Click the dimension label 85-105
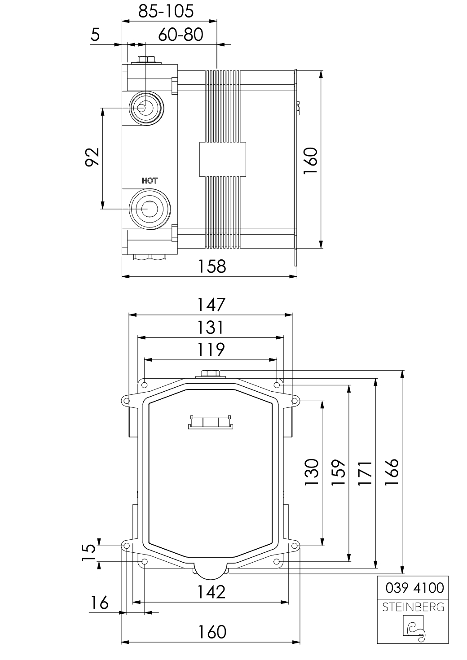(166, 11)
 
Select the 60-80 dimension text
(181, 34)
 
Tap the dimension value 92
(92, 157)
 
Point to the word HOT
(150, 181)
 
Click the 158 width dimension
(211, 267)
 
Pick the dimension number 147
(211, 305)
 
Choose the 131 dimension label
(210, 328)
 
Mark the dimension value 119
(211, 350)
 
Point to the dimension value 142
(211, 592)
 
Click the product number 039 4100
(414, 588)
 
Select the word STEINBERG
(413, 607)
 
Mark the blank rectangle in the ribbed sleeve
(223, 159)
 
